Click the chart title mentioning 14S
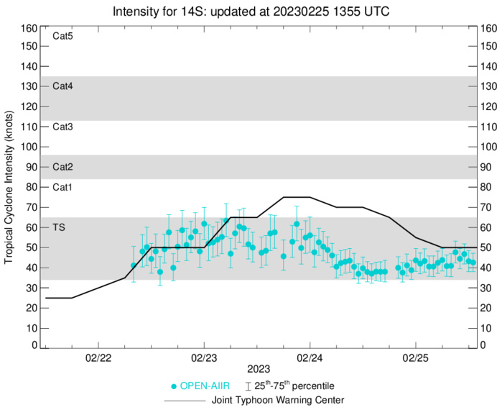251,11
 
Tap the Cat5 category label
63,35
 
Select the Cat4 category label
63,86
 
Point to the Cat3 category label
63,127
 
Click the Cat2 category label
63,167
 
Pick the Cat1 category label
63,187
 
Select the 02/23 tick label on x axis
204,357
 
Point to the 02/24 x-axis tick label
310,357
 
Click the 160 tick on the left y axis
29,29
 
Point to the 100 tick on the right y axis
488,147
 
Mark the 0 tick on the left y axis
34,345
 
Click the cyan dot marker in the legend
173,386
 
